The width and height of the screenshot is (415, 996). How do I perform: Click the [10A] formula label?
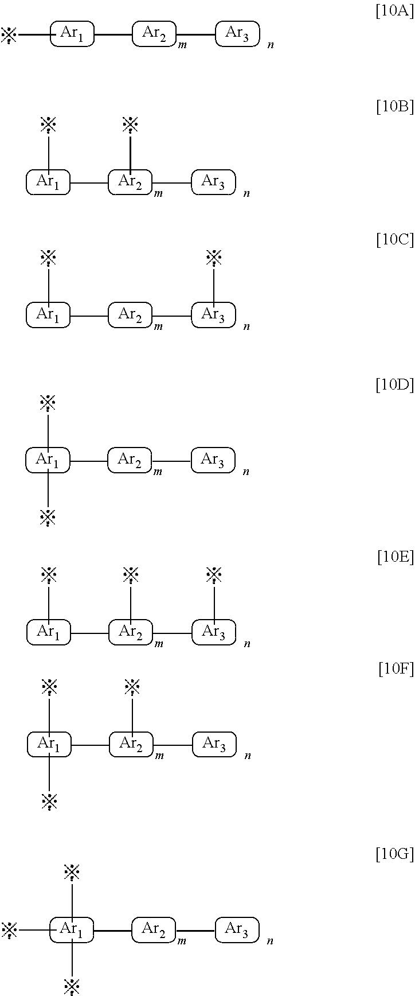click(394, 11)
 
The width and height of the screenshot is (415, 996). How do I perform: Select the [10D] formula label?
click(394, 385)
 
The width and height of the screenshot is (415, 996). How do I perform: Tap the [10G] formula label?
click(394, 854)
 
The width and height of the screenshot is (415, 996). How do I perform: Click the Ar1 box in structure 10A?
click(72, 34)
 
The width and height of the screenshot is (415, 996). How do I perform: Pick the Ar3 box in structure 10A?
click(237, 34)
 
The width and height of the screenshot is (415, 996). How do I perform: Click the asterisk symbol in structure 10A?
click(9, 35)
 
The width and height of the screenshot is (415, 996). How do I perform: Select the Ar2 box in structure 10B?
click(130, 182)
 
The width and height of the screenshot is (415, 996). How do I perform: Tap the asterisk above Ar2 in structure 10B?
click(131, 124)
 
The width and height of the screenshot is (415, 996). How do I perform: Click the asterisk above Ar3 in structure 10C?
click(214, 258)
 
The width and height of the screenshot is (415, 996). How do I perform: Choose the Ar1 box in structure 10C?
click(48, 315)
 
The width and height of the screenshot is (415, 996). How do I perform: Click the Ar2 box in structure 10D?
click(130, 460)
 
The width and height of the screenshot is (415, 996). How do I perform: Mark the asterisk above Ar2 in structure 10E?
click(131, 574)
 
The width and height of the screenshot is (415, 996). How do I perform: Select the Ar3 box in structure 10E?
click(214, 632)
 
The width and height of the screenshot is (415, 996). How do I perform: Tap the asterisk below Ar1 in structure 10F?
click(49, 801)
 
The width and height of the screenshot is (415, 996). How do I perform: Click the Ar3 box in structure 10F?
click(214, 744)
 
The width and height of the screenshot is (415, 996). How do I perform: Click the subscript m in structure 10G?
click(182, 941)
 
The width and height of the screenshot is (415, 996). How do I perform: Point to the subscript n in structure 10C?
click(246, 327)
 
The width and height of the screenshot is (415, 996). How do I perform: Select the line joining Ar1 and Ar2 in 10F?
click(90, 745)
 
